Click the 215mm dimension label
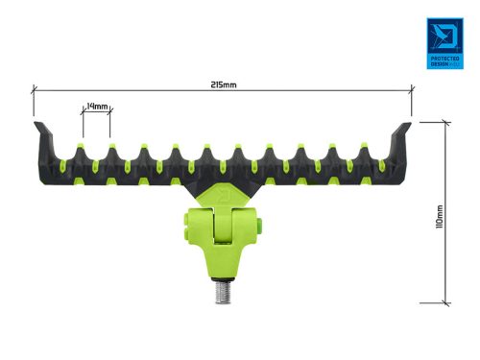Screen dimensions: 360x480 223,84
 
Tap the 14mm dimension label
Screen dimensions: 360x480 96,105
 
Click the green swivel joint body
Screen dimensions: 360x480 223,240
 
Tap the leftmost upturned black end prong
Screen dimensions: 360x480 41,132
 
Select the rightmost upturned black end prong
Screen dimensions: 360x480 404,132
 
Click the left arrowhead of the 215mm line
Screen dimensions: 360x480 36,91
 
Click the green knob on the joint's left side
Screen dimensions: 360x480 184,229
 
